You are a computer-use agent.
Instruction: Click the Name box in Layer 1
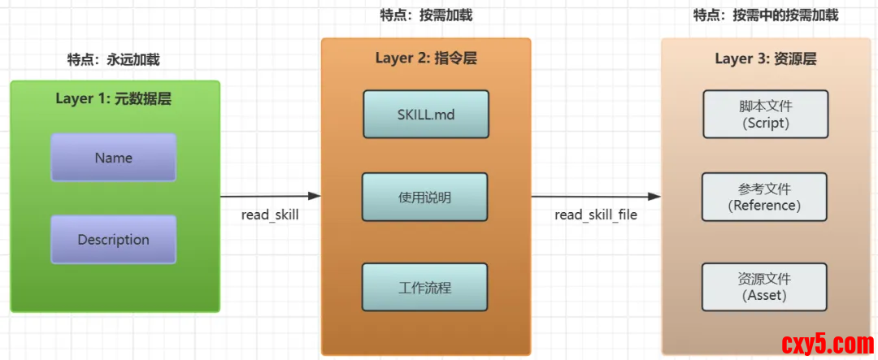[113, 158]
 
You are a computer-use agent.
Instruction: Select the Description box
[113, 240]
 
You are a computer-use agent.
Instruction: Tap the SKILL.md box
[425, 115]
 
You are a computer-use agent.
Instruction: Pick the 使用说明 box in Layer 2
[425, 197]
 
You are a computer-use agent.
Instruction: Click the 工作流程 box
[425, 287]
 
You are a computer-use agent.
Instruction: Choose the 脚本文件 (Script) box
[764, 115]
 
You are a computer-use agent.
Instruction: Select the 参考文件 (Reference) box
[764, 197]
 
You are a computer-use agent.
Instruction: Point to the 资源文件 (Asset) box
[764, 287]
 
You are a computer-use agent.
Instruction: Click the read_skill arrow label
[270, 215]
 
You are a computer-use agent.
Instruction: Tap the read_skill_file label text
[596, 215]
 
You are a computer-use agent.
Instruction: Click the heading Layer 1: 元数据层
[113, 99]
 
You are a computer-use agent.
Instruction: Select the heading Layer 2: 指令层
[426, 58]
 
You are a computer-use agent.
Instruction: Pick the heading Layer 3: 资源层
[765, 59]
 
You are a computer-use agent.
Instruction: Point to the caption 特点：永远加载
[113, 59]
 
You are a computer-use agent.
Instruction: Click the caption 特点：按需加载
[426, 15]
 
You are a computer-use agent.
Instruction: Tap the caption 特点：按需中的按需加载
[765, 15]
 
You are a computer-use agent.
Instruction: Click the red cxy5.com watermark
[827, 341]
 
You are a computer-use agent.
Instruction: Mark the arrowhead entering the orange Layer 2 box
[315, 196]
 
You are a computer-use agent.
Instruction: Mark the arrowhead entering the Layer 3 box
[654, 196]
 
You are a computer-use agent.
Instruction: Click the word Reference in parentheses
[764, 206]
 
